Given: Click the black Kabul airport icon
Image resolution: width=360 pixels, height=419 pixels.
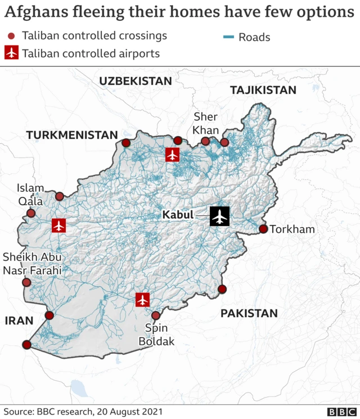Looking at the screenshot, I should (219, 216).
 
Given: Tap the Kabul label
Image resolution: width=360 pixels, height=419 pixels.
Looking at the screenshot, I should (177, 215).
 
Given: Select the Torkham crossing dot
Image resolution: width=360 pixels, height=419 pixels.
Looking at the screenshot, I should (263, 229).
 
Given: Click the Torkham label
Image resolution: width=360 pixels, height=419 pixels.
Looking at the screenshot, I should (292, 229).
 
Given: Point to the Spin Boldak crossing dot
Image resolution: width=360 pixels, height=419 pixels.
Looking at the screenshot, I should (156, 316).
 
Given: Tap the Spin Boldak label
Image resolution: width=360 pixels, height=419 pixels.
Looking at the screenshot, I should (159, 335).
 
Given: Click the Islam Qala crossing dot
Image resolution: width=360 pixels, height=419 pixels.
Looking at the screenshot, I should (31, 213).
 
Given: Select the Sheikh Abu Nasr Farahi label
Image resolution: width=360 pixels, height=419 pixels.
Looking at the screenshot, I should (32, 264).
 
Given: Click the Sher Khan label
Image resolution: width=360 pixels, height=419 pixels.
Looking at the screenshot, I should (205, 123).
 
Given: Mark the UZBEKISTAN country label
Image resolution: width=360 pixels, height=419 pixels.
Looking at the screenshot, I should (135, 81).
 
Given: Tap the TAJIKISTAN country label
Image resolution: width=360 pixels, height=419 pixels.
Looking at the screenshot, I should (263, 90).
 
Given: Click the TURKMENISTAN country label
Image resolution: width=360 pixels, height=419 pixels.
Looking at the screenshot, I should (71, 135).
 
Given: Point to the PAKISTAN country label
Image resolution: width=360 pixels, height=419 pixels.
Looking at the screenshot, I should (249, 313).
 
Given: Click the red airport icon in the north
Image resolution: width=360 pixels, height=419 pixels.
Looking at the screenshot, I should (172, 155).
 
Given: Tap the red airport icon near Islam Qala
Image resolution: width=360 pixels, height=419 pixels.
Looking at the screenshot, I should (58, 226).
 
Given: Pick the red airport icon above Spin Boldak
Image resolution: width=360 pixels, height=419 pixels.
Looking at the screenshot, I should (143, 300).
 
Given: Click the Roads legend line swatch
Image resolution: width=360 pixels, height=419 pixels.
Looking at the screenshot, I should (228, 38).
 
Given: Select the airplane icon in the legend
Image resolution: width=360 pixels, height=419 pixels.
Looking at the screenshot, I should (11, 53).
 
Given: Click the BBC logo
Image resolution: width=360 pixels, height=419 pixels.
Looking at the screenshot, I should (340, 411).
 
